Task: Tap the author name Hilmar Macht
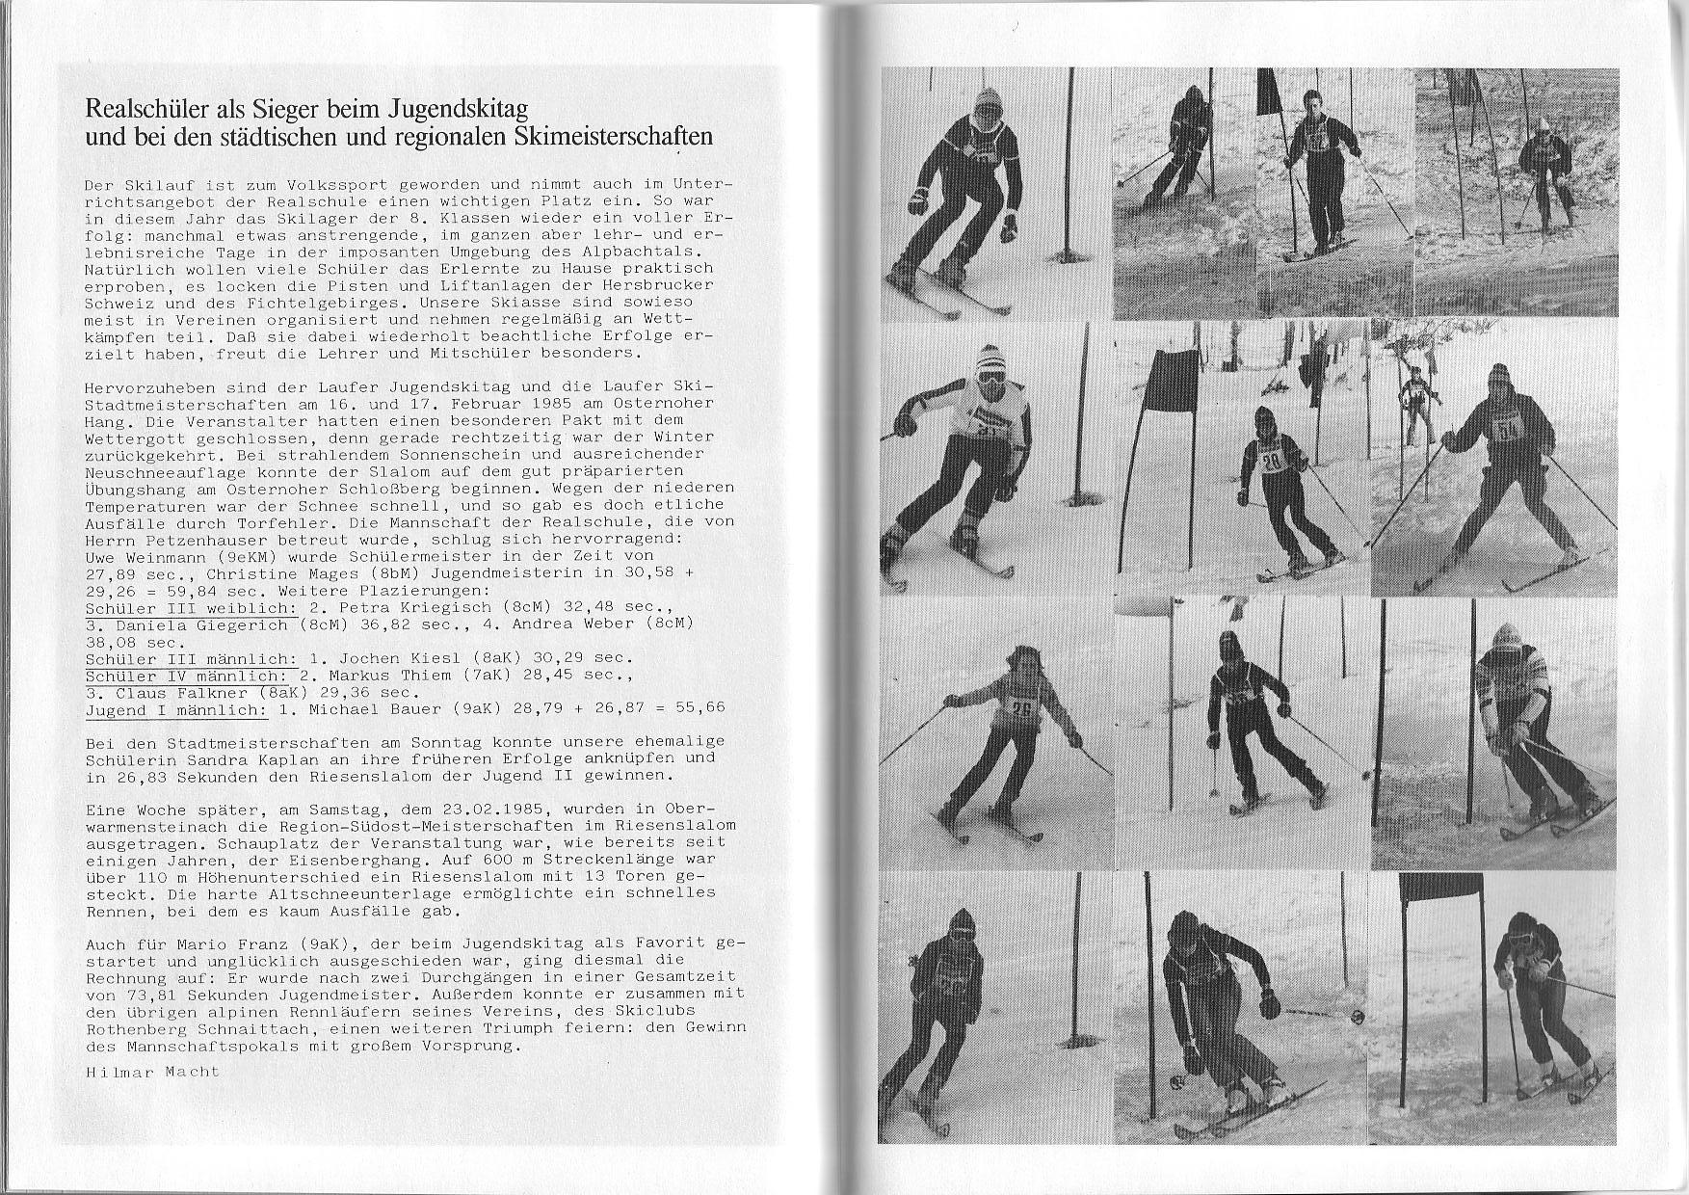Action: [x=152, y=1071]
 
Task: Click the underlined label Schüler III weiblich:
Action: [x=191, y=608]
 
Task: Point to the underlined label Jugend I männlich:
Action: [x=176, y=709]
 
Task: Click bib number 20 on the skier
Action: [x=1272, y=462]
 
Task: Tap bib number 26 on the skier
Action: [x=1020, y=709]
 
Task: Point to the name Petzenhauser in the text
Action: [x=201, y=540]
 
